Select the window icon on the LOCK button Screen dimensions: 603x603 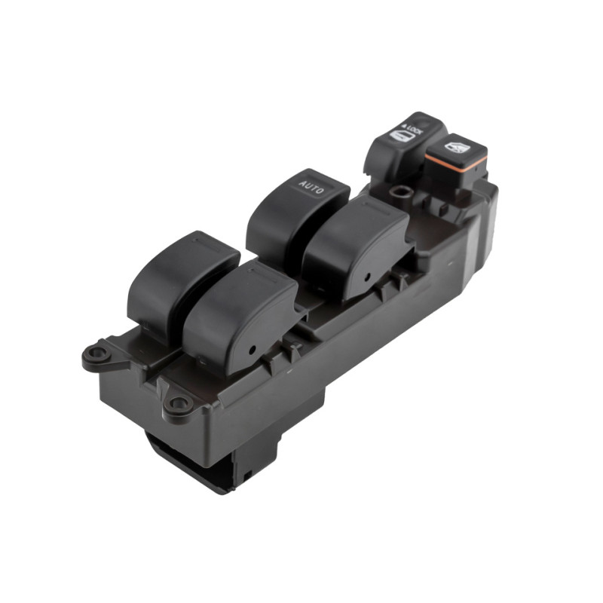399,136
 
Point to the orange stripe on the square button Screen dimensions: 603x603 455,160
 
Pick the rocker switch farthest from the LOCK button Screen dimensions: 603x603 181,275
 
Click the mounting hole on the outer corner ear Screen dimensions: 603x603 95,352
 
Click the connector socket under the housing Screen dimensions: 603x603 204,460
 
